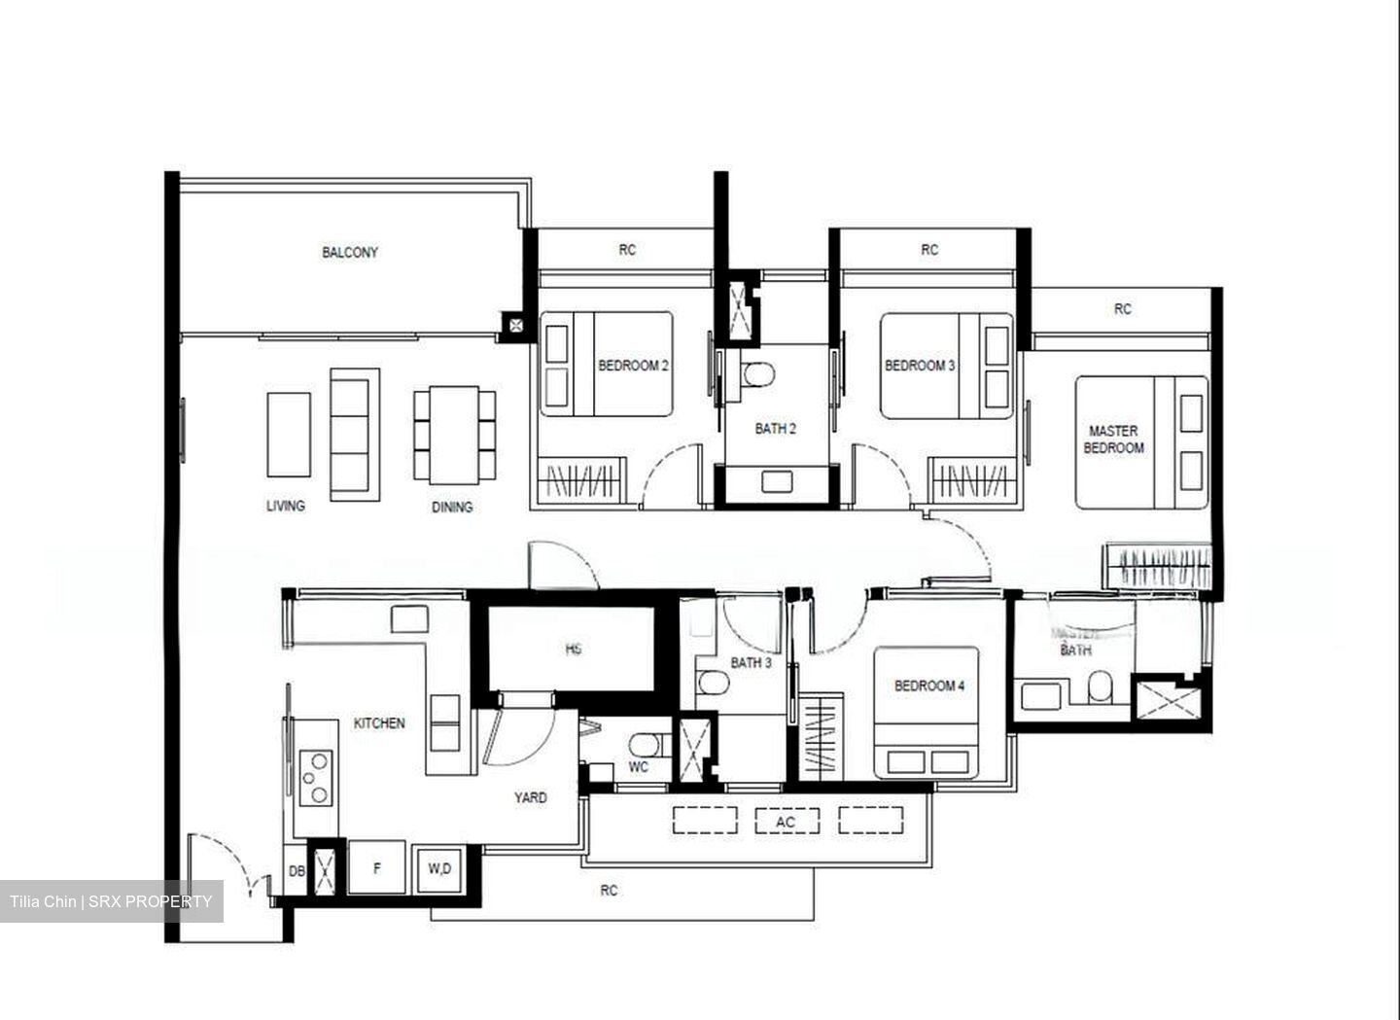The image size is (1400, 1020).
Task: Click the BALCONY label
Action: pos(350,253)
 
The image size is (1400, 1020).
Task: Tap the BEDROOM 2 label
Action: pos(633,367)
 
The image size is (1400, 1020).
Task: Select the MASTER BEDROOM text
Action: pos(1113,440)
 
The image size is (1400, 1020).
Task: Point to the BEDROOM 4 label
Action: pos(929,686)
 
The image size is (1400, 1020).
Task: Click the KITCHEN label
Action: pos(379,723)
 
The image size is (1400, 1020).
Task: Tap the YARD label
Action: pos(530,797)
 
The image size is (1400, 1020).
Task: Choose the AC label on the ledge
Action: pos(786,822)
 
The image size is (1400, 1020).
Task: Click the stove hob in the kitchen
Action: pos(316,777)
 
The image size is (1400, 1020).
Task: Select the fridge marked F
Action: pos(376,867)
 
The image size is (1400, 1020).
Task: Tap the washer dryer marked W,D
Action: pos(440,868)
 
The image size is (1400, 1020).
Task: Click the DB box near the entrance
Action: pos(297,872)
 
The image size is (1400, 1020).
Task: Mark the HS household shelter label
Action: pos(574,649)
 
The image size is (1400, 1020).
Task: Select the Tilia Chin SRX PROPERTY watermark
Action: pos(111,901)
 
